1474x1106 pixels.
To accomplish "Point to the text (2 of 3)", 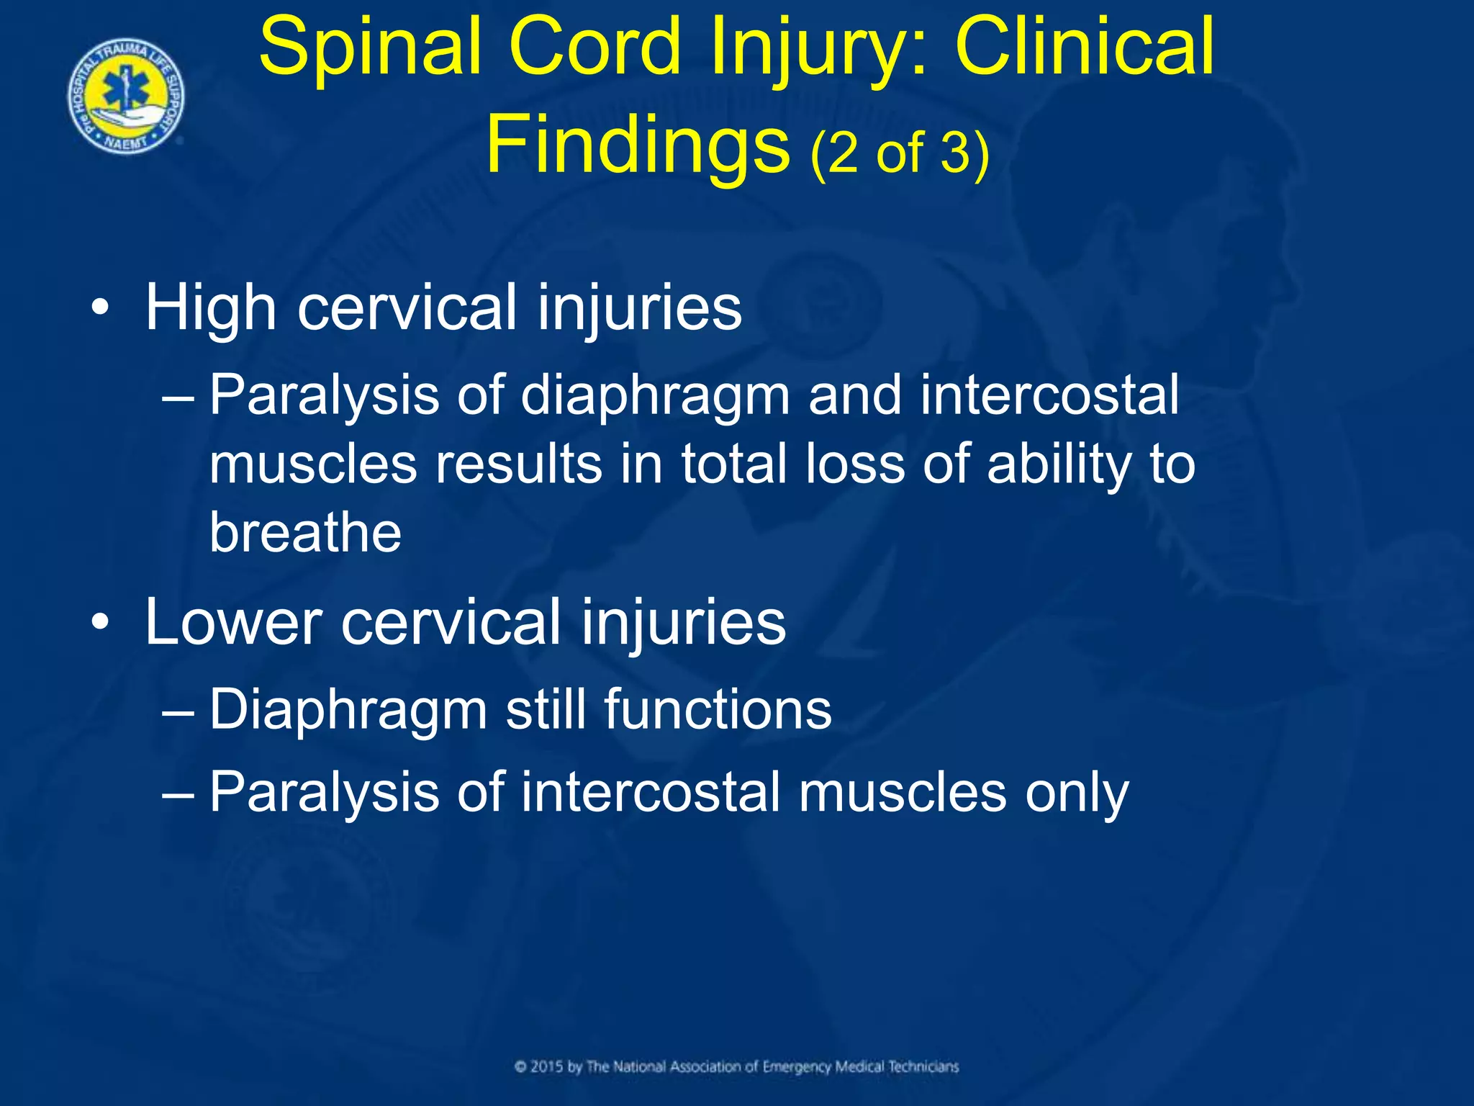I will click(900, 153).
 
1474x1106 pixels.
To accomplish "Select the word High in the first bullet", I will click(211, 308).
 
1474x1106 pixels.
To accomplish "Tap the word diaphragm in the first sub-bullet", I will click(655, 396).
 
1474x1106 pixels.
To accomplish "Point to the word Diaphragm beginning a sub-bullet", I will click(348, 711).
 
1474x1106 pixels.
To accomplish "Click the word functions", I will click(718, 710).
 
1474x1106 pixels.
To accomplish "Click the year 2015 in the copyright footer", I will click(547, 1066).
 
